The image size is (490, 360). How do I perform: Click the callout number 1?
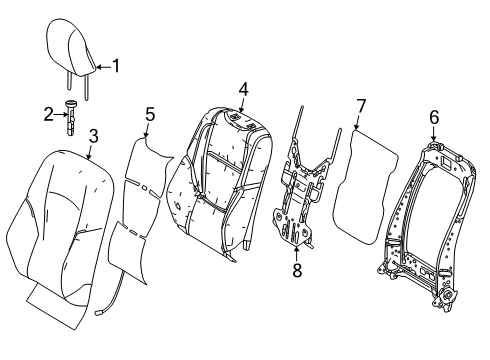[116, 67]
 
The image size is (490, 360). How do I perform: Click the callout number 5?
[149, 115]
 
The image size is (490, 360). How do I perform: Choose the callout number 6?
[433, 117]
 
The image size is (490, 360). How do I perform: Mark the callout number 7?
[362, 105]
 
